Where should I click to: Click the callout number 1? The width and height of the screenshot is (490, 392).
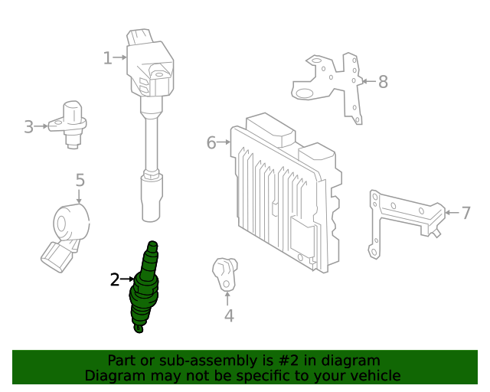coord(108,57)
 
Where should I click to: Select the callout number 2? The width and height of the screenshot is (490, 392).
coord(115,279)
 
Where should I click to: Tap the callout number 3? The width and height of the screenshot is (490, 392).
coord(28,126)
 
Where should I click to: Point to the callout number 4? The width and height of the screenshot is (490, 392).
coord(228,315)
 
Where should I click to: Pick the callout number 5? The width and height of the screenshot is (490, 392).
coord(80,181)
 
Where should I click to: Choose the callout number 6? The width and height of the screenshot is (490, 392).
coord(211,142)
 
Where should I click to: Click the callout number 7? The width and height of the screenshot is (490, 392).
coord(466,212)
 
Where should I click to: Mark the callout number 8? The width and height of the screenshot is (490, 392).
coord(383,81)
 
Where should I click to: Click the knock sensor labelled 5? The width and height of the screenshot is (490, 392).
coord(69,230)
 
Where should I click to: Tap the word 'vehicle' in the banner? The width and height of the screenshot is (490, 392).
coord(373,375)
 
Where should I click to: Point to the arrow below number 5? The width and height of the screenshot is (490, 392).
coord(80,197)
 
